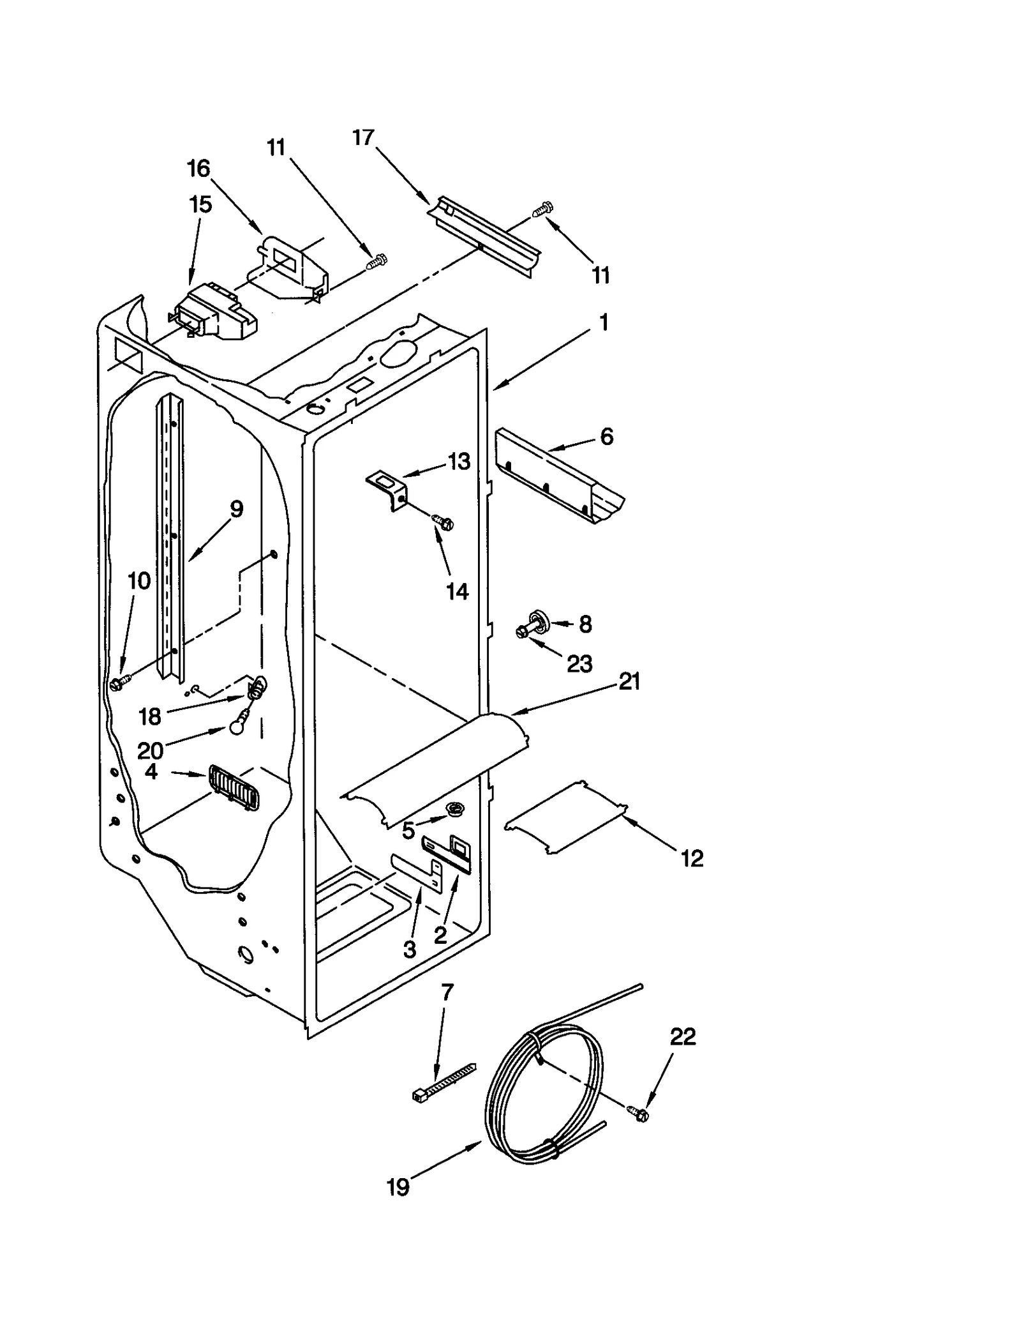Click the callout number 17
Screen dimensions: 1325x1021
pos(363,138)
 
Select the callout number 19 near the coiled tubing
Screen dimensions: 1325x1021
pos(398,1188)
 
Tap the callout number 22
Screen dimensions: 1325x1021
pos(683,1037)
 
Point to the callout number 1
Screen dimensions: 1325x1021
pos(603,323)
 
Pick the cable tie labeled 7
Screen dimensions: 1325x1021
pos(444,1086)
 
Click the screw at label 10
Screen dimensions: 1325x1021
pos(118,683)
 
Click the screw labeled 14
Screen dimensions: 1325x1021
pos(442,522)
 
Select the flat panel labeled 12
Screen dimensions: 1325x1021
pos(565,817)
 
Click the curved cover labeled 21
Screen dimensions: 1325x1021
pos(434,766)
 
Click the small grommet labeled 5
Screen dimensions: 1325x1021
pos(455,810)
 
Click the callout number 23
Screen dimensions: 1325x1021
pos(579,664)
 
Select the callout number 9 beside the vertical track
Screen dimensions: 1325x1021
pos(236,510)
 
